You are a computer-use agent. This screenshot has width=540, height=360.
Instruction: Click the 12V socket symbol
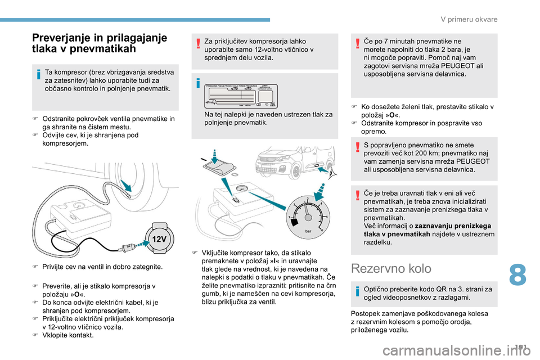[x=160, y=238]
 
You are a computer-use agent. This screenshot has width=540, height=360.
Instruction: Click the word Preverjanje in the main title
[x=62, y=38]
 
